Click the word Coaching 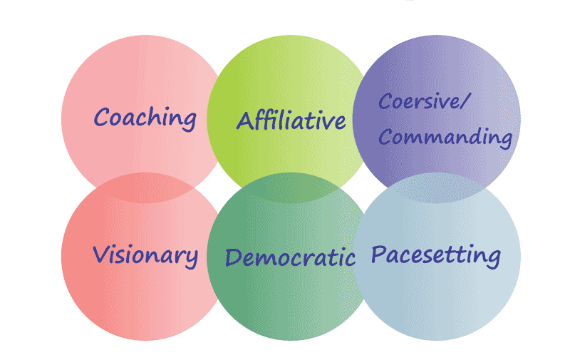click(145, 117)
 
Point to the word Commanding click(445, 136)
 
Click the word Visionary click(145, 254)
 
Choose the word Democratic click(290, 257)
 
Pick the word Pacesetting click(436, 255)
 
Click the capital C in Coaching click(102, 116)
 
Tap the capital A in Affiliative click(245, 120)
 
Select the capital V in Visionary click(100, 253)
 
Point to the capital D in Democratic click(233, 257)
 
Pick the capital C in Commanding click(385, 135)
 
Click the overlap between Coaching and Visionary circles click(145, 187)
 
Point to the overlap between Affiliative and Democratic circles click(291, 187)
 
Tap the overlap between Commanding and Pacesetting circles click(436, 187)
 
